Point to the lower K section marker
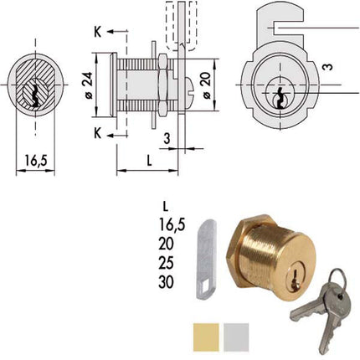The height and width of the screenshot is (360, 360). (x=98, y=133)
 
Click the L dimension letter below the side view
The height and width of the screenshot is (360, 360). (x=148, y=159)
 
